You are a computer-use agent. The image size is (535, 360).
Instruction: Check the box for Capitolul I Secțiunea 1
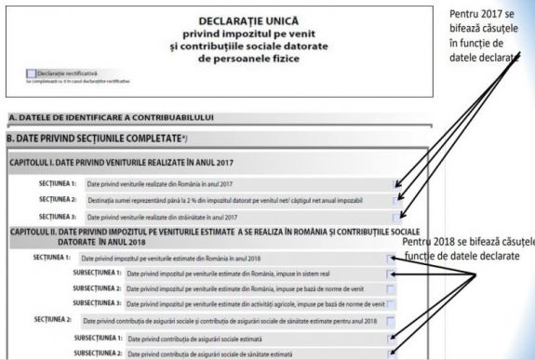tap(397, 184)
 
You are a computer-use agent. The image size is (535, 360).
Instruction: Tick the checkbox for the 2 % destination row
tap(397, 200)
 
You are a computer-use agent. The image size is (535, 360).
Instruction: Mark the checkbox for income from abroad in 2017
tap(397, 216)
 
